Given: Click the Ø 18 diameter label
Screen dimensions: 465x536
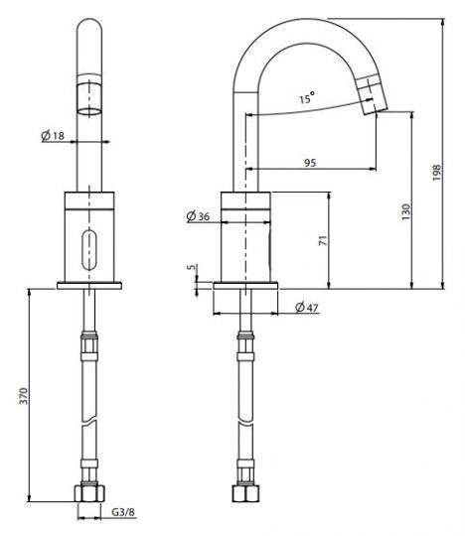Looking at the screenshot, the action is pos(53,136).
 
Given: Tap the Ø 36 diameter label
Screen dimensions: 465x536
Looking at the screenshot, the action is pos(198,216).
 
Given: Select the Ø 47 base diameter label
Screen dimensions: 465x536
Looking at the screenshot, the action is pos(307,308).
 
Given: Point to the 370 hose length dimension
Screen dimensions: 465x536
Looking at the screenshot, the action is pos(23,395).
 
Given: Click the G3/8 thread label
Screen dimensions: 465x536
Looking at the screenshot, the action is pos(123,512).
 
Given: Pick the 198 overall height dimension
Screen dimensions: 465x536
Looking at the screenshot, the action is pos(436,173).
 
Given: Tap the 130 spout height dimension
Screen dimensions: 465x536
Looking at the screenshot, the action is pos(405,212).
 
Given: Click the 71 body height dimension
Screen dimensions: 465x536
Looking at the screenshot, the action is pos(323,240).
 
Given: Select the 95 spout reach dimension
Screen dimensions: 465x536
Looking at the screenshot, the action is pos(310,163).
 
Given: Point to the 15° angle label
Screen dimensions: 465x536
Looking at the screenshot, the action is pos(307,97).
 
